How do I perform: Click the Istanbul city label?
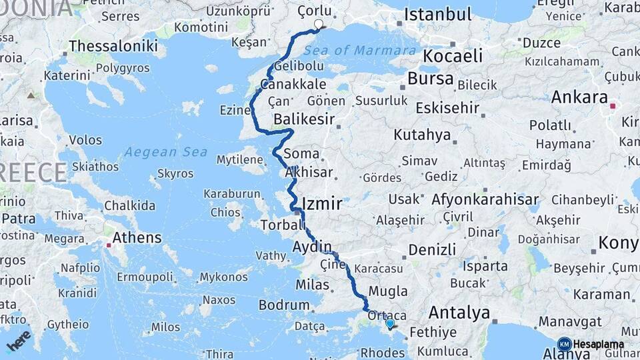coord(437,15)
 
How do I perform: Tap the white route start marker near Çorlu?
coord(319,25)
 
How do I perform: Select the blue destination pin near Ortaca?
coord(390,323)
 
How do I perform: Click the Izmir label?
coord(322,203)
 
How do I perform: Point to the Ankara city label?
coord(579,97)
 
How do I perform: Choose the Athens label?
coord(137,238)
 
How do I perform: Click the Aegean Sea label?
coord(166,152)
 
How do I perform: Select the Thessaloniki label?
coord(113,46)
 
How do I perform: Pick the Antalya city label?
coord(459,312)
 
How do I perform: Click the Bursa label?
coord(430,79)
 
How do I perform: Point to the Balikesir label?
coord(304,120)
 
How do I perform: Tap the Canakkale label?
coord(293,85)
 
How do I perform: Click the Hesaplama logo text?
coord(598,345)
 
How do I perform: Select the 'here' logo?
coord(19,340)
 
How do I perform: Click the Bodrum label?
coord(285,305)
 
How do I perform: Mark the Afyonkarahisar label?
coord(485,199)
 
